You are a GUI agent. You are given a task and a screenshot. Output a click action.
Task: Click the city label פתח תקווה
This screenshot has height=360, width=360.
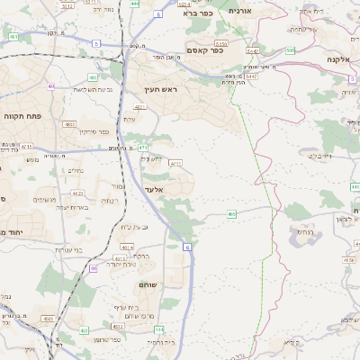[20, 142]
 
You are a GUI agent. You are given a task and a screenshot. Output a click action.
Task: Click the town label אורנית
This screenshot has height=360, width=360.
[241, 10]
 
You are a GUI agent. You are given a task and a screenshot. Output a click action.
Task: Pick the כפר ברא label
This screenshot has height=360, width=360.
[195, 13]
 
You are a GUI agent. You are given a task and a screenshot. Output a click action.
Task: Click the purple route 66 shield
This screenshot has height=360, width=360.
[93, 267]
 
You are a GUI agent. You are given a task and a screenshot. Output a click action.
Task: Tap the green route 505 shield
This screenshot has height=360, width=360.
[290, 50]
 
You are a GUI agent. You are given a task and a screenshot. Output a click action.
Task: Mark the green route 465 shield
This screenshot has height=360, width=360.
[231, 214]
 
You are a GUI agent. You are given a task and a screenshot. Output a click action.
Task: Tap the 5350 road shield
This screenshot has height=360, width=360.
[222, 41]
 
